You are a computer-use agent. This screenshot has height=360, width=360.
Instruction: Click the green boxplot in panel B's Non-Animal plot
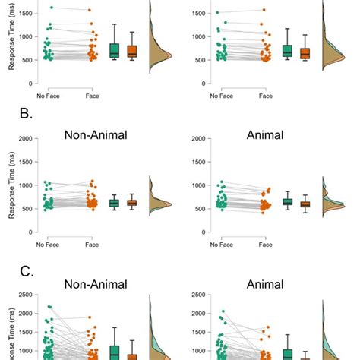114,203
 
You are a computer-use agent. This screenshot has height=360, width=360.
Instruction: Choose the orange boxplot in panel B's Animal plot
305,204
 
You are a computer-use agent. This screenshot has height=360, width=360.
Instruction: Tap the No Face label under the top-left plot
48,96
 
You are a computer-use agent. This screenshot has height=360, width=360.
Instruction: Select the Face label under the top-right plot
265,96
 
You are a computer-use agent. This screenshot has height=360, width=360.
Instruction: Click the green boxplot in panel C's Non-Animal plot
114,352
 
